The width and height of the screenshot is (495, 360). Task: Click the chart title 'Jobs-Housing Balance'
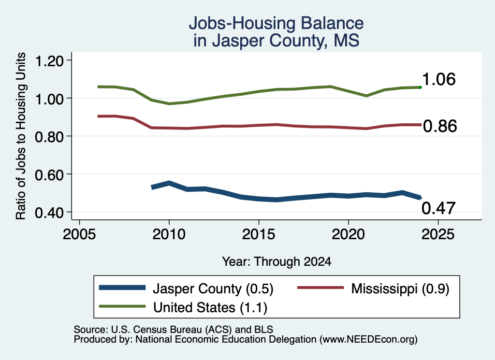[276, 23]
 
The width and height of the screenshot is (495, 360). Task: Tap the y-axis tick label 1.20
[49, 60]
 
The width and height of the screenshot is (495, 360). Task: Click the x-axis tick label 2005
[79, 234]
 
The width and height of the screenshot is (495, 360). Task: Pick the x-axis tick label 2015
[259, 234]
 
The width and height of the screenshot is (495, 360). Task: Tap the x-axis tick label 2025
[438, 234]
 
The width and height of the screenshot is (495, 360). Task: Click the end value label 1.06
[439, 79]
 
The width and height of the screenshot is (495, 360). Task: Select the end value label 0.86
[440, 126]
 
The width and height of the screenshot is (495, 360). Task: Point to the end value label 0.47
[438, 208]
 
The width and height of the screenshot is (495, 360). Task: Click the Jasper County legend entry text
[213, 288]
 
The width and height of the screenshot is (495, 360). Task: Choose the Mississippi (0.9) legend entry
[400, 288]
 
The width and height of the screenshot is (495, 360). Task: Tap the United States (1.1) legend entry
[210, 307]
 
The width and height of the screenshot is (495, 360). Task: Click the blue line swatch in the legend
[122, 288]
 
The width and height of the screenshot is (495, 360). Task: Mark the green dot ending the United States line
[420, 87]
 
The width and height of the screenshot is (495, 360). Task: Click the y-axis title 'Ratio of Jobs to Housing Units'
[21, 136]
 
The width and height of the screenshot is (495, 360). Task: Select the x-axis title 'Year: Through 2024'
[277, 261]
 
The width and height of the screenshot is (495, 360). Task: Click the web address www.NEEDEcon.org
[368, 339]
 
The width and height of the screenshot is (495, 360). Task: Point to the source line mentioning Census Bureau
[174, 330]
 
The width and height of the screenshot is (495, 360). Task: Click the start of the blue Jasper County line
[152, 187]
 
